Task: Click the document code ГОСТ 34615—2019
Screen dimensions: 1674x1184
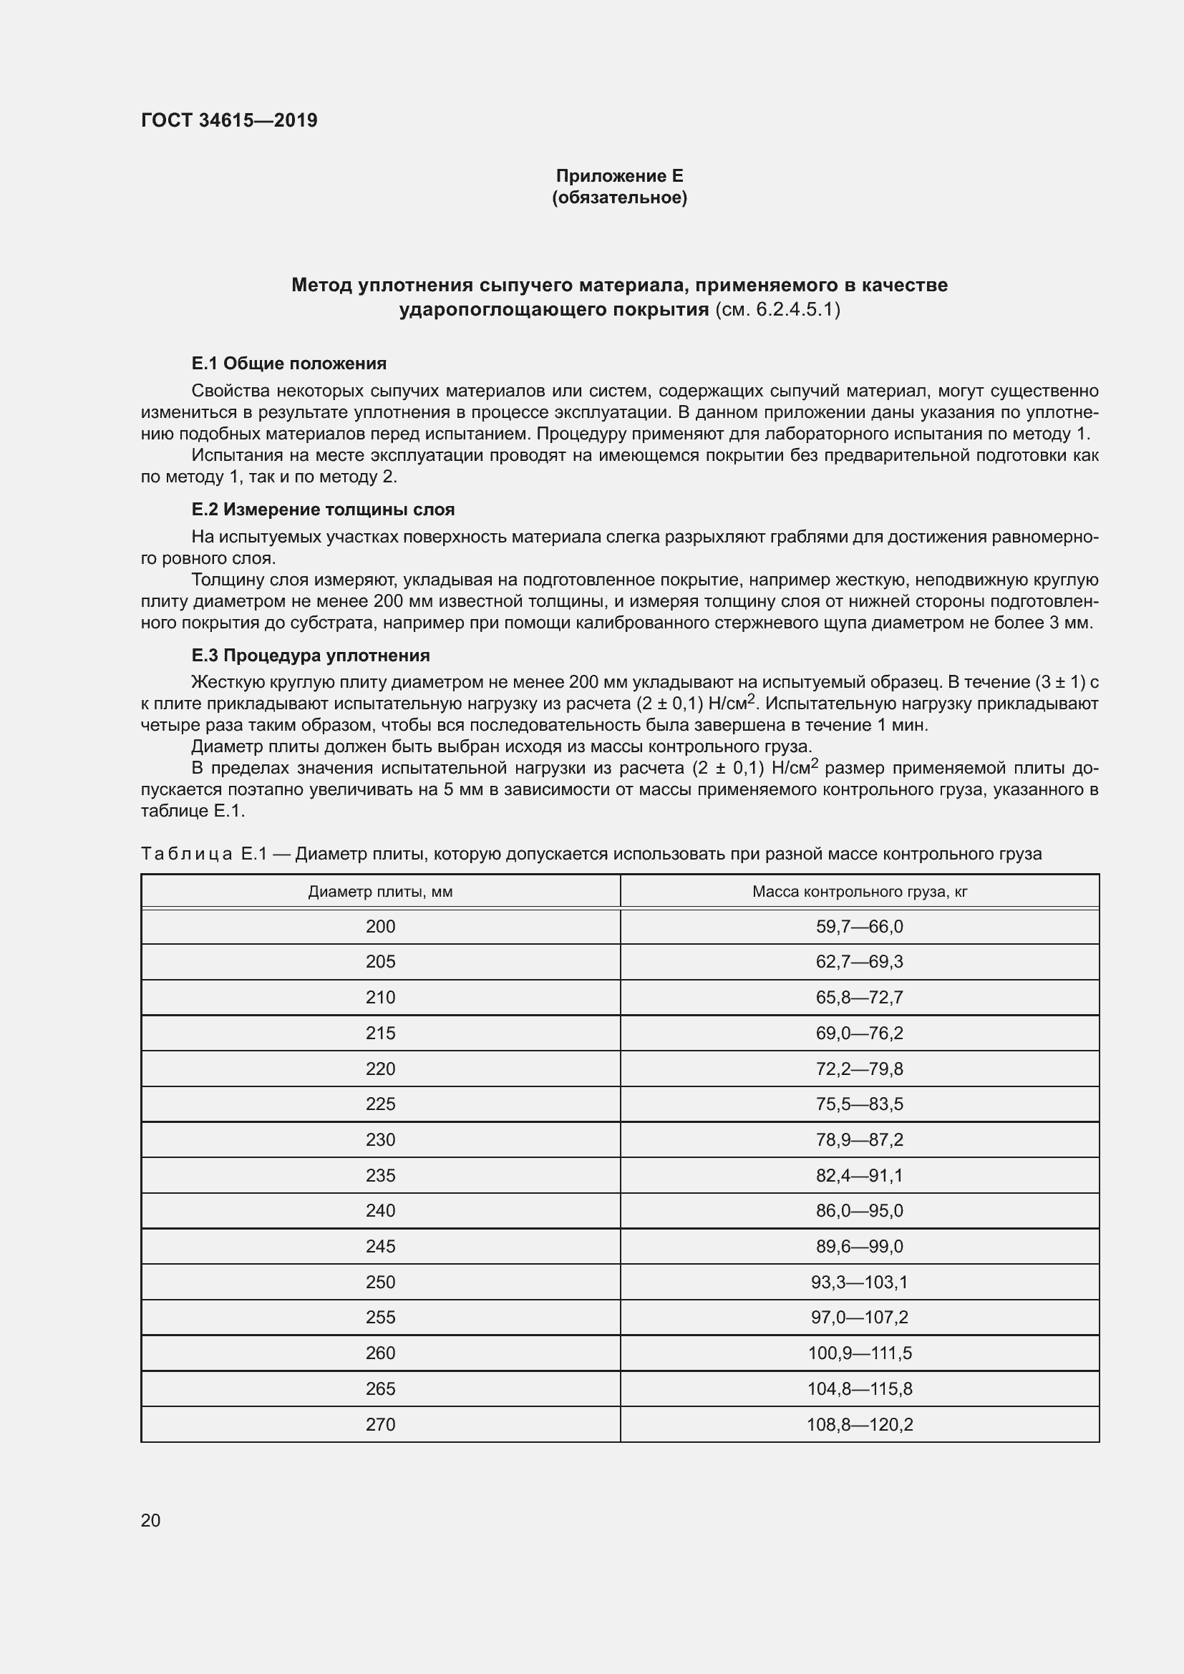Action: click(x=229, y=120)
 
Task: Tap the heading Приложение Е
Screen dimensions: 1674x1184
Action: click(x=619, y=176)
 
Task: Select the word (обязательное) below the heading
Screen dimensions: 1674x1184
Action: click(x=619, y=198)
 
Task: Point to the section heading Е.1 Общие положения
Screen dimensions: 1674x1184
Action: click(x=288, y=363)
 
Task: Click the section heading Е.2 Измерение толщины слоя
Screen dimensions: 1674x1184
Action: click(x=323, y=510)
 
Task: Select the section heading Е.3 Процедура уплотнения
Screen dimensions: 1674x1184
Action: click(x=311, y=655)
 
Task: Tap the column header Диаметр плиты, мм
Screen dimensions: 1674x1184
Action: click(x=380, y=892)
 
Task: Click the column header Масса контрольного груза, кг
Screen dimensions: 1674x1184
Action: click(x=860, y=892)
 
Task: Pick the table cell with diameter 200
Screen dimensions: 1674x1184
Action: click(x=380, y=927)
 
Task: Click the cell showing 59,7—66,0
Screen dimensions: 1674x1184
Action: click(x=860, y=927)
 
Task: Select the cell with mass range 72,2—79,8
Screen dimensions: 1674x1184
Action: click(x=860, y=1069)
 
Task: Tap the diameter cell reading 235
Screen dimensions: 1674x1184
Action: click(x=380, y=1175)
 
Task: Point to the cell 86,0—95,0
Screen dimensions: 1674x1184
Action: click(x=860, y=1210)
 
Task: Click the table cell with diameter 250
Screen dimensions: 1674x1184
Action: click(x=380, y=1282)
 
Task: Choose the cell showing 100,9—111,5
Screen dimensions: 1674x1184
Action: click(x=860, y=1353)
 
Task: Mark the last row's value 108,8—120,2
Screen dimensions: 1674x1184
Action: click(x=860, y=1424)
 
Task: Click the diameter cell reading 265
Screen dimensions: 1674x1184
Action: click(x=380, y=1388)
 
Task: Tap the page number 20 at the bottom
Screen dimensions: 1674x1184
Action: click(x=150, y=1520)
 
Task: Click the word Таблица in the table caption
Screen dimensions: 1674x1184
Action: click(x=187, y=854)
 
